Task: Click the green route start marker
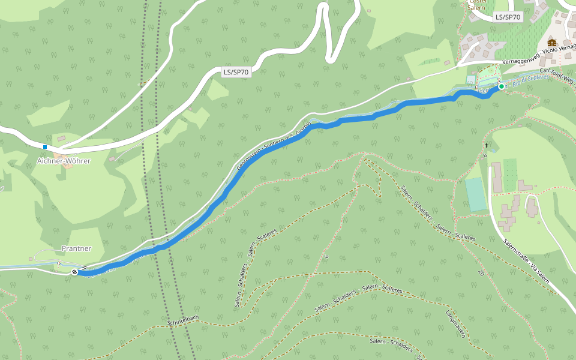click(x=502, y=86)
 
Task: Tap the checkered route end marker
click(x=74, y=272)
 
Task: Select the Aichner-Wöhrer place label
click(x=64, y=161)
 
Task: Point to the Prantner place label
click(x=76, y=248)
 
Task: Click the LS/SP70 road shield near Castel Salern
click(x=508, y=17)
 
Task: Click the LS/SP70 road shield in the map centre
click(x=236, y=72)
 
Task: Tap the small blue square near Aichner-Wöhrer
click(x=45, y=146)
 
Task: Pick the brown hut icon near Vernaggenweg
click(x=551, y=43)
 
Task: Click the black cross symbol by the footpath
click(x=486, y=145)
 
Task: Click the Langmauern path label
click(x=455, y=324)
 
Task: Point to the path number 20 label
click(x=481, y=272)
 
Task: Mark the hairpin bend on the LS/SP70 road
click(x=329, y=57)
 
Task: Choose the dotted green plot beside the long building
click(x=509, y=175)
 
